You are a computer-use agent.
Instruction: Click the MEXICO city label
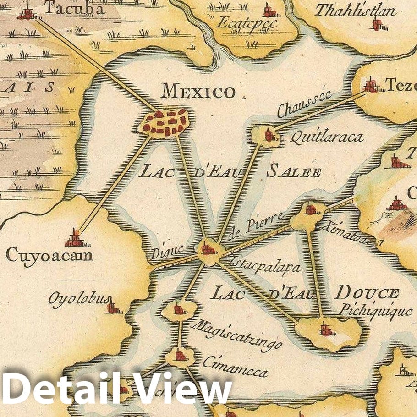pos(198,92)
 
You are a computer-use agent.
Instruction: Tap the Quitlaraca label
pos(326,137)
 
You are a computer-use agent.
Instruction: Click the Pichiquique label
pos(375,311)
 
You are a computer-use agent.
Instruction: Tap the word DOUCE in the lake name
pos(368,292)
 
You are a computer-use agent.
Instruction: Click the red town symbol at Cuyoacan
pos(74,238)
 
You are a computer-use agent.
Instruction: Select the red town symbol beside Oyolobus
pos(113,307)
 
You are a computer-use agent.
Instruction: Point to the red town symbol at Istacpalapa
pos(208,250)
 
